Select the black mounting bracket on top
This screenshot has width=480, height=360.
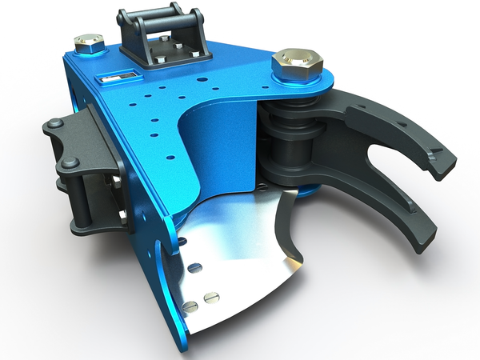pyautogui.click(x=164, y=36)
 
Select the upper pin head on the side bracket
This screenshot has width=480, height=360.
pyautogui.click(x=55, y=125)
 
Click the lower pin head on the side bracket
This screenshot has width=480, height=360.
pyautogui.click(x=70, y=162)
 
